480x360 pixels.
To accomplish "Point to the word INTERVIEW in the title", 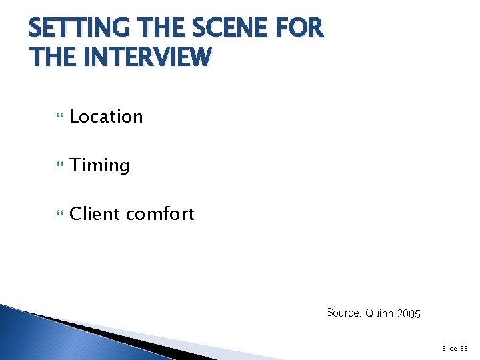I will pyautogui.click(x=145, y=57).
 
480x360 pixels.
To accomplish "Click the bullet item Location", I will pyautogui.click(x=106, y=117).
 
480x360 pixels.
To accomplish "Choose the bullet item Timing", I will pyautogui.click(x=99, y=165).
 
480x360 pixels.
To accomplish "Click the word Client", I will pyautogui.click(x=94, y=214).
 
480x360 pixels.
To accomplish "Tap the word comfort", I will pyautogui.click(x=160, y=214).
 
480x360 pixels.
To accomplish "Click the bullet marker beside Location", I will pyautogui.click(x=60, y=117).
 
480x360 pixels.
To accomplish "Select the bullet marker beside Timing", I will pyautogui.click(x=60, y=166).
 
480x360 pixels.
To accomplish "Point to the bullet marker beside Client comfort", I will pyautogui.click(x=60, y=215).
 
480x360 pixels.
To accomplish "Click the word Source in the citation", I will pyautogui.click(x=343, y=313).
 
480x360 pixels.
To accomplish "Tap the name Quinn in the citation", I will pyautogui.click(x=379, y=313).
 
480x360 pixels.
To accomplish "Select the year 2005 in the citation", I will pyautogui.click(x=408, y=313).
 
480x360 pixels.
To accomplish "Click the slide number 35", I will pyautogui.click(x=465, y=348).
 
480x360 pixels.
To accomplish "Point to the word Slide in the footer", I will pyautogui.click(x=449, y=348).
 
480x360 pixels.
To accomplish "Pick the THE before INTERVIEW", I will pyautogui.click(x=51, y=57).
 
